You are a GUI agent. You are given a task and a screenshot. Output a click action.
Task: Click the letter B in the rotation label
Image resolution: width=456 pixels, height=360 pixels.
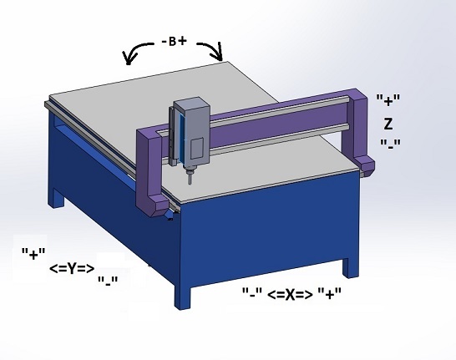pos(172,42)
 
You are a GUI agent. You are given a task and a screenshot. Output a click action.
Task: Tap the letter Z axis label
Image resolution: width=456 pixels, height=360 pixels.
pos(388,124)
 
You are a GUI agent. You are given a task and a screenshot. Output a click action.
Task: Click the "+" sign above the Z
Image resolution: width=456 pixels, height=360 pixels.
pos(388,100)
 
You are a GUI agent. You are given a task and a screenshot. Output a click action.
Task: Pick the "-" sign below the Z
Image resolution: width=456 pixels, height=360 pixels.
pos(391,145)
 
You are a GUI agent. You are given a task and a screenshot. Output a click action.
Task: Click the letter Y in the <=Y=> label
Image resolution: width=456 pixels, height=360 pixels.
pos(72,269)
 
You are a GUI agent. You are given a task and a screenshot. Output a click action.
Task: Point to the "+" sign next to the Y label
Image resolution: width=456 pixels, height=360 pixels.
pos(33,254)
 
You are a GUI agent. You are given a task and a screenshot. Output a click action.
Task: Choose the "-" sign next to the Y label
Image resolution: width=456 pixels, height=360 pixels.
pos(108,281)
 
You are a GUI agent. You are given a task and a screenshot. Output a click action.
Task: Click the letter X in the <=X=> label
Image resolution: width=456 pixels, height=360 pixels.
pos(290,295)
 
